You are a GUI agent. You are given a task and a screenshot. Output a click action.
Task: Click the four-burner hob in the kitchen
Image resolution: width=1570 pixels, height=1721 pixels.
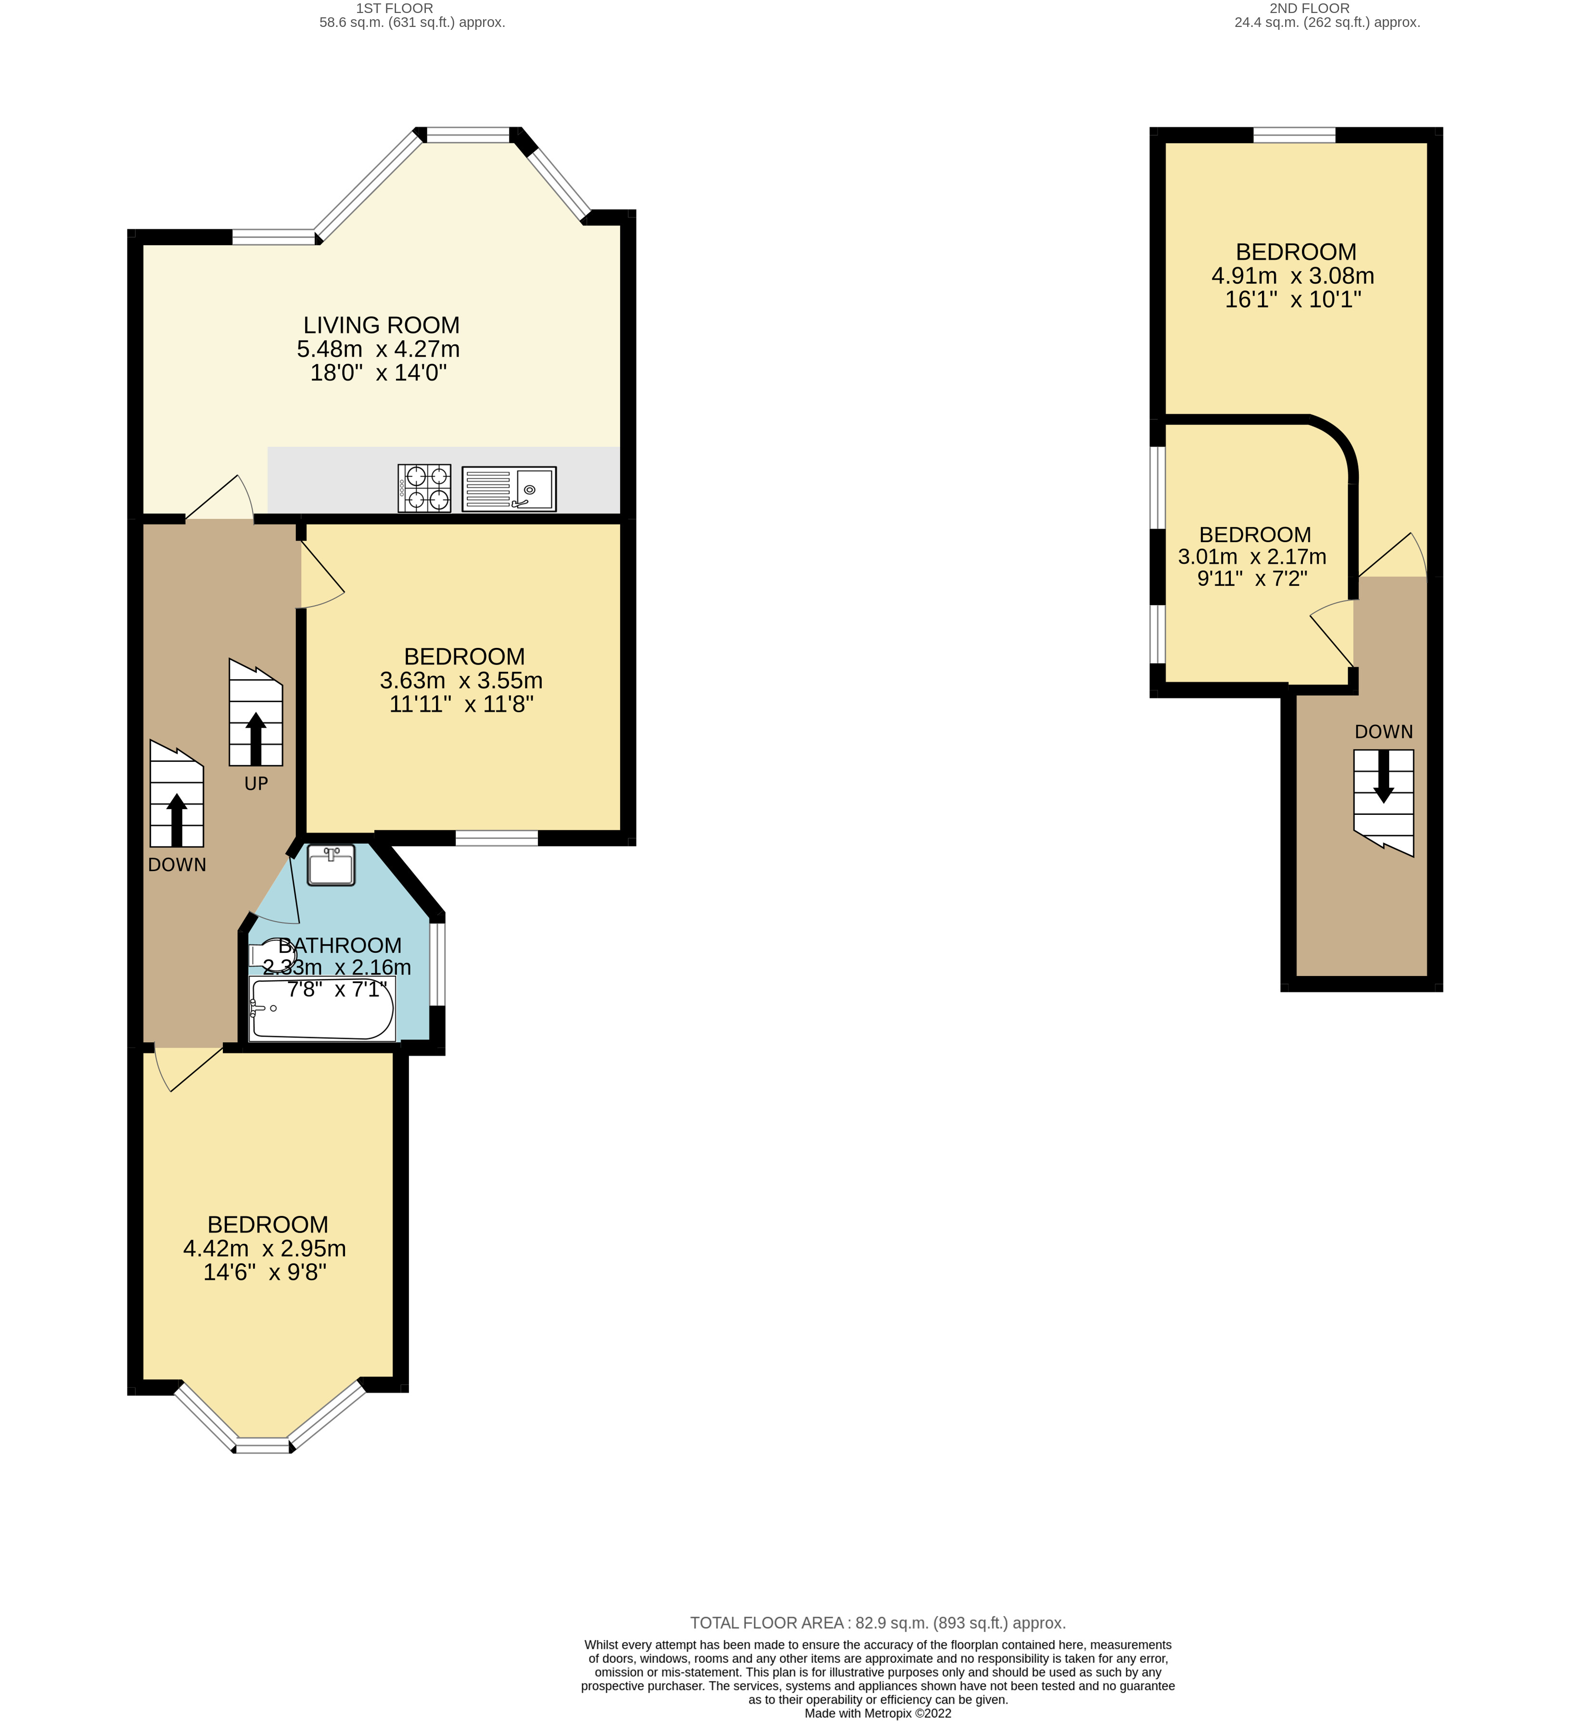pyautogui.click(x=424, y=488)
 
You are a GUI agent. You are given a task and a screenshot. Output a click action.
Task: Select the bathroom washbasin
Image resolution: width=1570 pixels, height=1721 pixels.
pyautogui.click(x=331, y=866)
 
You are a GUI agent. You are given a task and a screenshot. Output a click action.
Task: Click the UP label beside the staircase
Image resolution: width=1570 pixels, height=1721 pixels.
pyautogui.click(x=256, y=784)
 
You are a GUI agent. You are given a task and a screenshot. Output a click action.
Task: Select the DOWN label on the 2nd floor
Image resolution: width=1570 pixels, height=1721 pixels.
pyautogui.click(x=1383, y=732)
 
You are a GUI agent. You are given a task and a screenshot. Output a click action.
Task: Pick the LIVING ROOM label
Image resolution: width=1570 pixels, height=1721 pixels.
pyautogui.click(x=382, y=325)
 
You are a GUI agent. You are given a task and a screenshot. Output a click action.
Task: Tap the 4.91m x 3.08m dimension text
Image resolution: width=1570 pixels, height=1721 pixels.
pyautogui.click(x=1292, y=276)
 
